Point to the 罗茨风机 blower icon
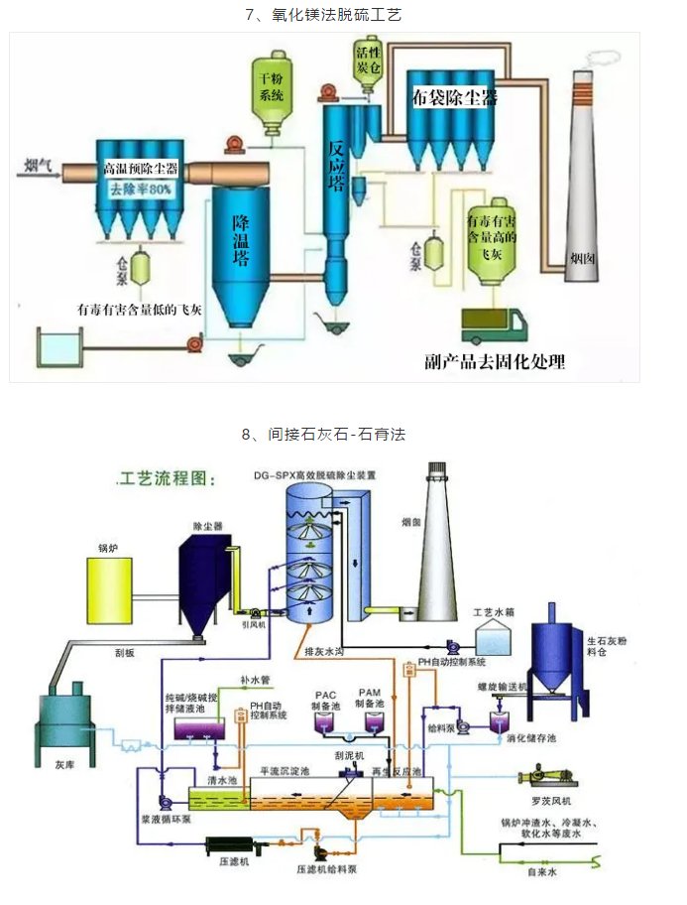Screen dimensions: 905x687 point(546,775)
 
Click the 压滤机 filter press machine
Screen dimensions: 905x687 point(230,844)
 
